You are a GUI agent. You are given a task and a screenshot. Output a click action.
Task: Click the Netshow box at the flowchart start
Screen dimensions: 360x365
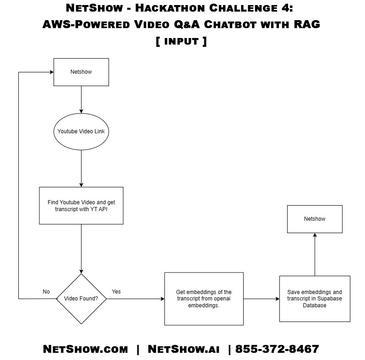coord(81,72)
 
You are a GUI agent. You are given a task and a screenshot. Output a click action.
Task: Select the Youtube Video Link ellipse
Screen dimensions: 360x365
coord(81,131)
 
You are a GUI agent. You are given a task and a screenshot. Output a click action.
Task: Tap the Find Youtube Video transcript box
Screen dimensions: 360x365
coord(81,205)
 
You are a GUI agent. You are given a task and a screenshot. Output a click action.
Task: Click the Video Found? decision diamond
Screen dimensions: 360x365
coord(81,299)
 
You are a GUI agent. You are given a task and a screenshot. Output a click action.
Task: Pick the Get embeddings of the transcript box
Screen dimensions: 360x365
coord(204,299)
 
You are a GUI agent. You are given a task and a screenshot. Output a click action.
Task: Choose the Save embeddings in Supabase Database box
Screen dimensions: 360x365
coord(315,299)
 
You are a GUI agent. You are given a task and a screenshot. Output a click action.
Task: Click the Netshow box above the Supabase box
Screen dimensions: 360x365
coord(315,219)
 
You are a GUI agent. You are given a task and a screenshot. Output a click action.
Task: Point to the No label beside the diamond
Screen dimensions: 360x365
coord(46,292)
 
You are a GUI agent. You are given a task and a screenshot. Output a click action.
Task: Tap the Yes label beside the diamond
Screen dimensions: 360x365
coord(116,292)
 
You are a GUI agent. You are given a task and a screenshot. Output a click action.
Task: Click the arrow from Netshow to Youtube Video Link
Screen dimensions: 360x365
coord(81,99)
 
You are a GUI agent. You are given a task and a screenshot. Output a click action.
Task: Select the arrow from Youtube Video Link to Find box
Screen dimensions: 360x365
coord(81,168)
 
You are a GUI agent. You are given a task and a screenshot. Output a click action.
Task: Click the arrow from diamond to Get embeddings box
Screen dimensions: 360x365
coord(136,299)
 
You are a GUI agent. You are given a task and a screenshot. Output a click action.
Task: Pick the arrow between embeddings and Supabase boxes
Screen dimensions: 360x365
coord(261,299)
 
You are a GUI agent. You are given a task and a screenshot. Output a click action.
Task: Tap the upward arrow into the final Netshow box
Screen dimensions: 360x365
coord(315,254)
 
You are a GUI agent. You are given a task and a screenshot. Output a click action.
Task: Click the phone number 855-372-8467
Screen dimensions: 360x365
coord(277,349)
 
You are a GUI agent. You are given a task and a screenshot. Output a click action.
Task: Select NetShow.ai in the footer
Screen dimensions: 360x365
coord(184,349)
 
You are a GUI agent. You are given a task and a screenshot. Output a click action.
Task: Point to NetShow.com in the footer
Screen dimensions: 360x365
coord(86,349)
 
